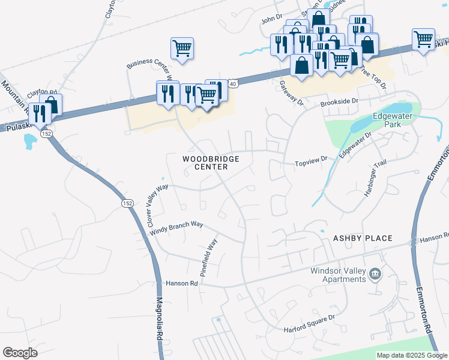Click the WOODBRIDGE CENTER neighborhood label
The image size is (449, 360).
[211, 163]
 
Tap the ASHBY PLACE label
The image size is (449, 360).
[363, 238]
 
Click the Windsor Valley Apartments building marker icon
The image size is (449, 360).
[376, 274]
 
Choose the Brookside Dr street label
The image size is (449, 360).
[339, 103]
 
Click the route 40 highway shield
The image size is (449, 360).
[233, 84]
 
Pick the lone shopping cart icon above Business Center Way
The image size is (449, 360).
[182, 49]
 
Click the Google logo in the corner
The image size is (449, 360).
[20, 352]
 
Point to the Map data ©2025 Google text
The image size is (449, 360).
[411, 355]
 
